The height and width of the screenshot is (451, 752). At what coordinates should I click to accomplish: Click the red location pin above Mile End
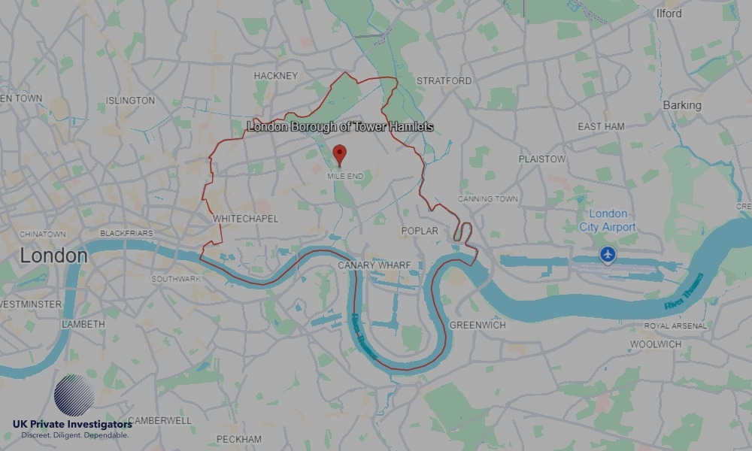pos(339,154)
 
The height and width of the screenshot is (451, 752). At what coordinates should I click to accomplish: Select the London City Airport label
pos(608,220)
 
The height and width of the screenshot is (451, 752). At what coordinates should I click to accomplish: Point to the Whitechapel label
pos(246,219)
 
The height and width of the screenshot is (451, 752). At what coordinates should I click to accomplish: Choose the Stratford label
pos(444,80)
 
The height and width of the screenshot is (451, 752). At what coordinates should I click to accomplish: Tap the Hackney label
pos(276,76)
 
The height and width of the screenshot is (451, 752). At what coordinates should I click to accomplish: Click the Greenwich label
pos(478,325)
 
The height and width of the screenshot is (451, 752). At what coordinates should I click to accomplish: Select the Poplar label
pos(420,231)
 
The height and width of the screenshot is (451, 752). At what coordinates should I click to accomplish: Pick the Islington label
pos(131,101)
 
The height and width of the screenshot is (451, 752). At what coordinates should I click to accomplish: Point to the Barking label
pos(681,105)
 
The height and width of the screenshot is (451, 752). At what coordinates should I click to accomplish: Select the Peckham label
pos(239,439)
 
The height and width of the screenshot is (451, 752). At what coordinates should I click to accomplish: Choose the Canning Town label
pos(488,199)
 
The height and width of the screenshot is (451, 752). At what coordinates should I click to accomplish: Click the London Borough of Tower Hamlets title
pos(341,127)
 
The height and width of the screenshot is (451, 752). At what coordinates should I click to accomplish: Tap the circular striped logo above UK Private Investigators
pos(74,395)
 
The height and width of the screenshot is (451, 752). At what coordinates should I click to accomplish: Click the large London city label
pos(53,256)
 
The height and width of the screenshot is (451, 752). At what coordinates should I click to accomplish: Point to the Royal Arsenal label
pos(675,326)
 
